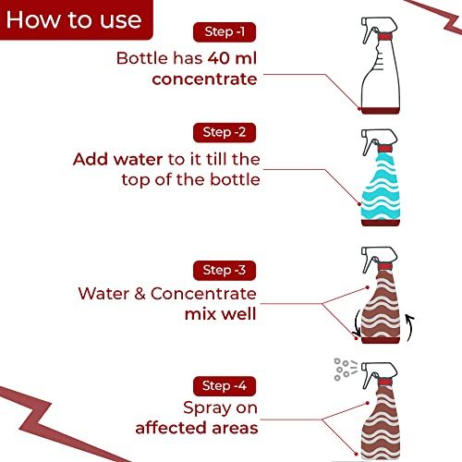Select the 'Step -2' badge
[225, 131]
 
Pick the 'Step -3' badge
[225, 270]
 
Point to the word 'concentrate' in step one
[203, 79]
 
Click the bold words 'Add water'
[114, 158]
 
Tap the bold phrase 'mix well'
[219, 315]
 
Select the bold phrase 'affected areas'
[196, 428]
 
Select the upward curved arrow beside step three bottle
[410, 328]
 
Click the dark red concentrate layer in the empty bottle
[380, 112]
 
